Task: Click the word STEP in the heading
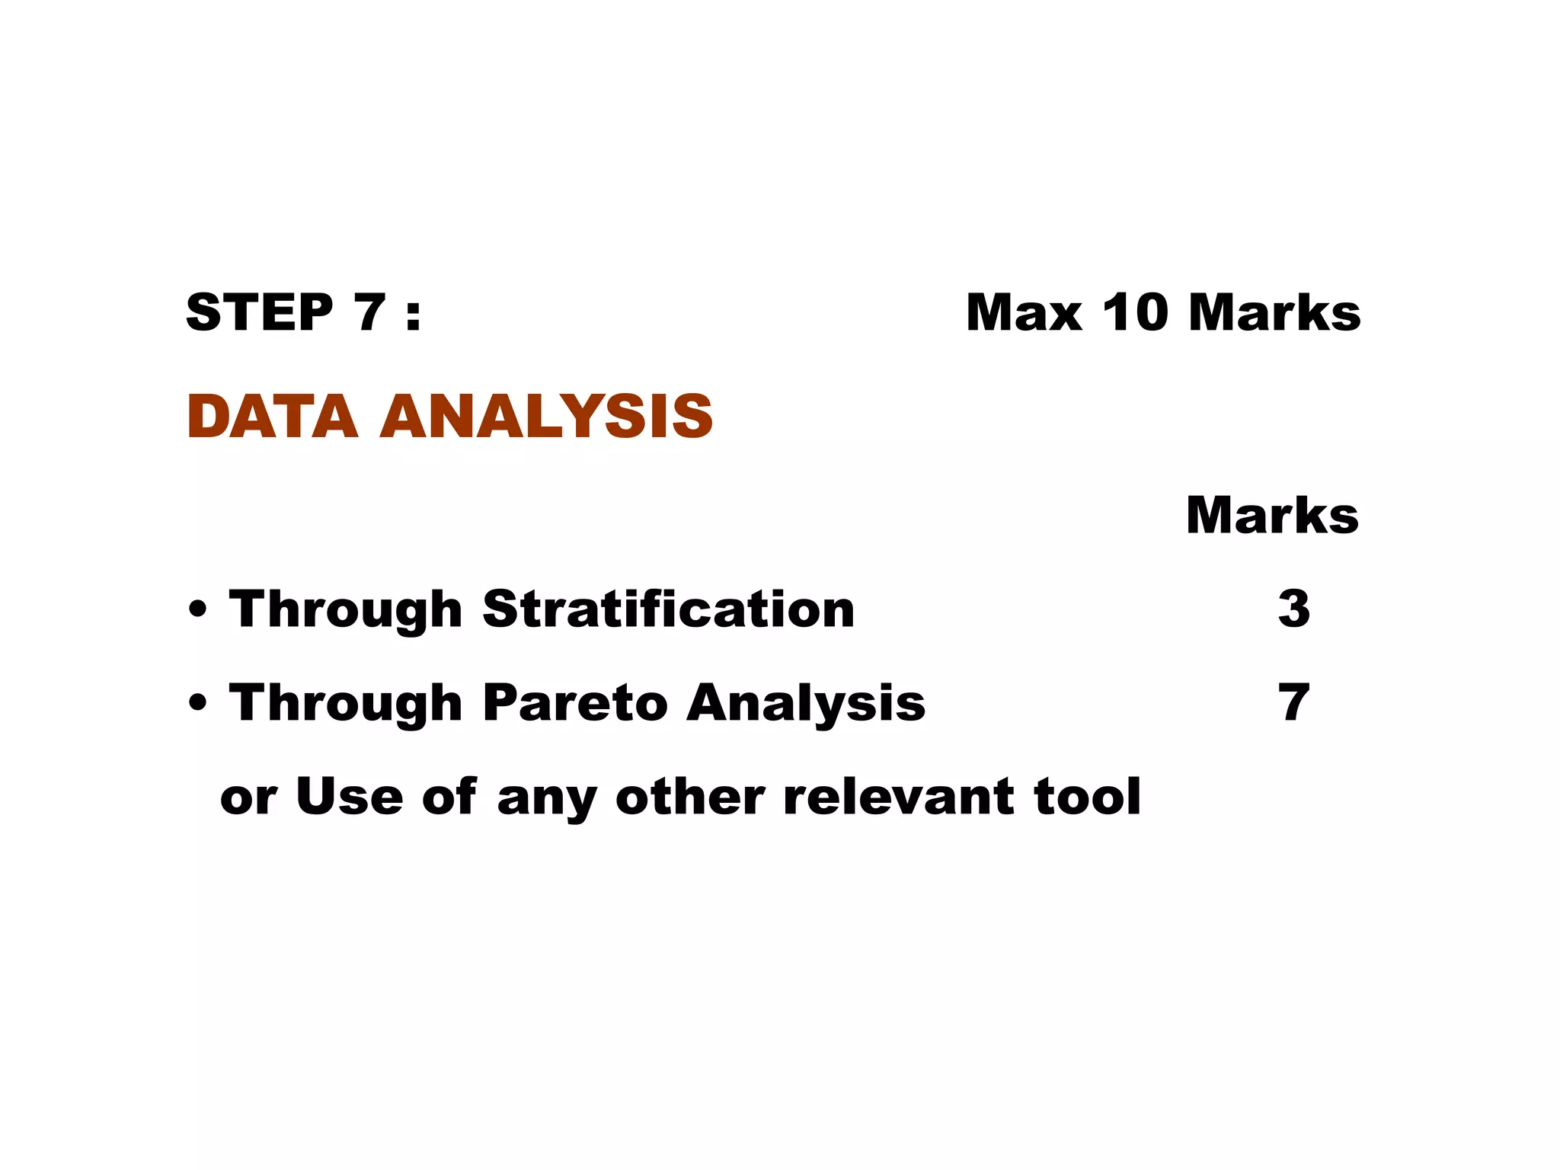click(x=259, y=312)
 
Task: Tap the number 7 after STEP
click(x=369, y=312)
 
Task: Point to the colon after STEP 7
click(x=413, y=314)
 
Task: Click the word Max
click(x=1024, y=312)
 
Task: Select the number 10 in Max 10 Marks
click(x=1135, y=312)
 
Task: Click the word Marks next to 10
click(x=1274, y=312)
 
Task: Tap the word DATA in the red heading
click(x=272, y=417)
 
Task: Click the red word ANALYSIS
click(x=546, y=417)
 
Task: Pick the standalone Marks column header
click(x=1272, y=516)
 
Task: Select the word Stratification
click(x=668, y=609)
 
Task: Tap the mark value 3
click(x=1294, y=609)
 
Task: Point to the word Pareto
click(x=575, y=702)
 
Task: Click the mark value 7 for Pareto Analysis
click(x=1294, y=703)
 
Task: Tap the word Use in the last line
click(x=350, y=796)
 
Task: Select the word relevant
click(x=898, y=797)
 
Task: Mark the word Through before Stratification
click(x=346, y=610)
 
